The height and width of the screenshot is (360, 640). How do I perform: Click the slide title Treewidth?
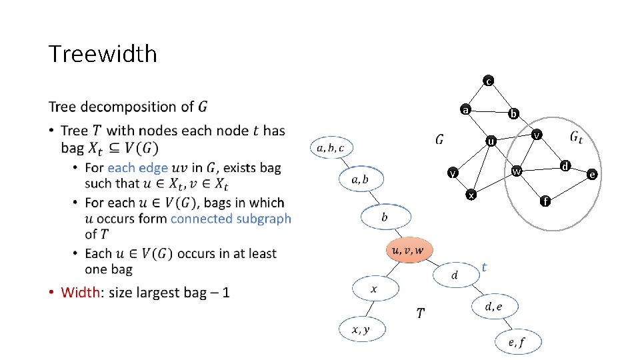[x=103, y=54]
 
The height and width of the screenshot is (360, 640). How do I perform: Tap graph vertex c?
[x=489, y=81]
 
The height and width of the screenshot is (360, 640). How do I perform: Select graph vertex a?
[x=467, y=109]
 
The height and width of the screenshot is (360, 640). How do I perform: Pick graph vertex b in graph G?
[x=513, y=114]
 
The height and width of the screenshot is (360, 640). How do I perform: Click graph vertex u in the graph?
[x=491, y=141]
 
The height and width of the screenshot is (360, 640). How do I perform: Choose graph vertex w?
[x=516, y=172]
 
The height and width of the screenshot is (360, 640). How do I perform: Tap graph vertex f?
[x=545, y=200]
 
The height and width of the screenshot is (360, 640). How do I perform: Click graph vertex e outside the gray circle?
[x=591, y=175]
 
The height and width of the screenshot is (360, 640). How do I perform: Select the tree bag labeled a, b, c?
[x=331, y=147]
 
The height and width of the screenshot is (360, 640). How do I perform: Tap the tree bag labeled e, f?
[x=517, y=342]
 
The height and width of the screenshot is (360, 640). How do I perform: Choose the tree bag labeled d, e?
[x=494, y=307]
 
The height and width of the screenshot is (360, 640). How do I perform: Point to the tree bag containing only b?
[x=385, y=217]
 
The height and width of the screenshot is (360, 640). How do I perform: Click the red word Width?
[x=80, y=292]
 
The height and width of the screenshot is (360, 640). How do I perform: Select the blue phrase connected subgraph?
[x=231, y=219]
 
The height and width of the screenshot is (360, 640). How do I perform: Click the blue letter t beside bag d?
[x=484, y=267]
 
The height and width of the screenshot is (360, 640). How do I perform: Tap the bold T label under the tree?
[x=421, y=313]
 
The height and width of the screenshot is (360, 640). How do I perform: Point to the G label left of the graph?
[x=439, y=139]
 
